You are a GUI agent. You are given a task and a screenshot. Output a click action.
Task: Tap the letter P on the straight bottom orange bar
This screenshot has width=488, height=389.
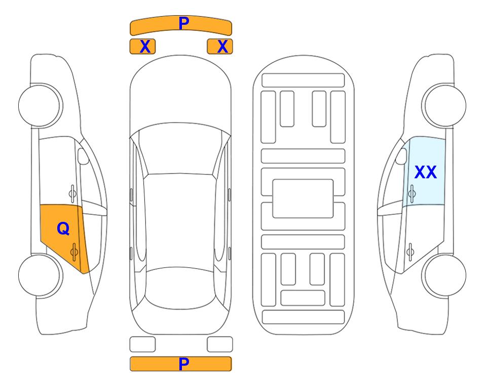[184, 364]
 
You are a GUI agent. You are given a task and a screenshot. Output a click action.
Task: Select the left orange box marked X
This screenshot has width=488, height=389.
[142, 47]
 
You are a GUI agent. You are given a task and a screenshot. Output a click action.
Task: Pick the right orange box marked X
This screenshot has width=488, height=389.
[220, 47]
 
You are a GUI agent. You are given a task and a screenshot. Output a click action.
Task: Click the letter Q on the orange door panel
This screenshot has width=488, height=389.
[63, 229]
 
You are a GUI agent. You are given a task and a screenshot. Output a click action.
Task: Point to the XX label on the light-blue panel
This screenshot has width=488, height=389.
[426, 172]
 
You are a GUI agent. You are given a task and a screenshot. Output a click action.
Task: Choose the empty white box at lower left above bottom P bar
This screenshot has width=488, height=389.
[142, 344]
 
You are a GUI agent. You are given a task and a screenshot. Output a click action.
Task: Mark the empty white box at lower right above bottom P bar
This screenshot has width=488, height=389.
[220, 344]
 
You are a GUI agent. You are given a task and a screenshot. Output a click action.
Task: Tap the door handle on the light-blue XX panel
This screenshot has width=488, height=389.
[411, 193]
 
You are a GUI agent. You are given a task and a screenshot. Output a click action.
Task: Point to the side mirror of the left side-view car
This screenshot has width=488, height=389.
[83, 156]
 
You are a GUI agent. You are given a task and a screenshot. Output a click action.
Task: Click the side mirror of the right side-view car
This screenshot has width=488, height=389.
[401, 156]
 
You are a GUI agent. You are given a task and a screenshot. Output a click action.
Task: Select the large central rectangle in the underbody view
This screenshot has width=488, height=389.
[303, 199]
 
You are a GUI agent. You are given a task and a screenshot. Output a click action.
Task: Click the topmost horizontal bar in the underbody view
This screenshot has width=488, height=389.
[303, 81]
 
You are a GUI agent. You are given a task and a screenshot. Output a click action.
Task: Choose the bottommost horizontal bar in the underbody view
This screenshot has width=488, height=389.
[304, 317]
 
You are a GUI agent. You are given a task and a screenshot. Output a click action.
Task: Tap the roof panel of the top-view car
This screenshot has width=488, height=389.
[180, 221]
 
